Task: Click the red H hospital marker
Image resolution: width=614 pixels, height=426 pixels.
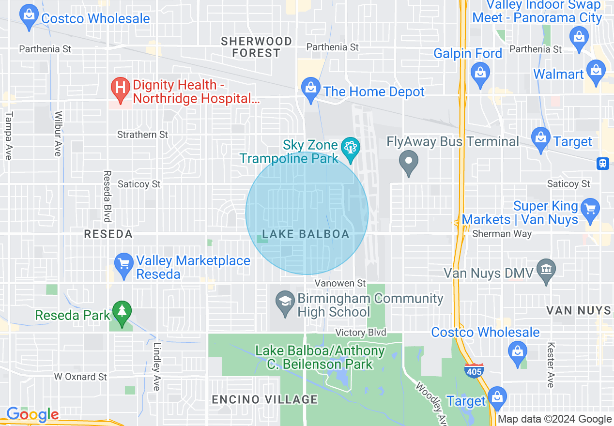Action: [121, 88]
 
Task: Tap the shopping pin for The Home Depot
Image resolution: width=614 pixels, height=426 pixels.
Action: [310, 89]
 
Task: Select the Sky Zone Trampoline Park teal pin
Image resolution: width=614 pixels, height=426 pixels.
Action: [350, 147]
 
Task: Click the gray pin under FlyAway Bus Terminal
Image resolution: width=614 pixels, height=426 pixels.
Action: [409, 161]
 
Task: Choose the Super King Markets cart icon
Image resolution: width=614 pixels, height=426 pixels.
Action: [589, 209]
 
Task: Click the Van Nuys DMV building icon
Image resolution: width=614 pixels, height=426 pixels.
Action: [546, 269]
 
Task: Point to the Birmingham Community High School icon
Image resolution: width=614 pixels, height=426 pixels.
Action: [285, 302]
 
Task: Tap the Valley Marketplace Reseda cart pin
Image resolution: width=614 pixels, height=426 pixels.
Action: [124, 264]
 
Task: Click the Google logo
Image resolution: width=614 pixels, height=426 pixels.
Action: [32, 414]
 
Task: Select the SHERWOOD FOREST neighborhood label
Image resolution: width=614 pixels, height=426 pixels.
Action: [256, 47]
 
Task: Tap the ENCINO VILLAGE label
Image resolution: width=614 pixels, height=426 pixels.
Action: [265, 399]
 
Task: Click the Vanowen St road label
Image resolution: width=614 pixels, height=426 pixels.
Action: [340, 283]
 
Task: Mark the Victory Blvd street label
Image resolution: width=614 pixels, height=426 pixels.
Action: [361, 333]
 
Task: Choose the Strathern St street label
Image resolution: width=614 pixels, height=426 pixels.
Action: [142, 135]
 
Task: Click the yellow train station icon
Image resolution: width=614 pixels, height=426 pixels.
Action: [603, 163]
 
